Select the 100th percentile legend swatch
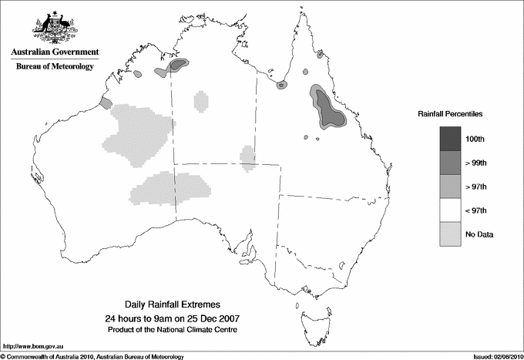[453, 139]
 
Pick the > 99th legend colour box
[453, 163]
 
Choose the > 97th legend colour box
[453, 187]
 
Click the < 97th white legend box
[453, 210]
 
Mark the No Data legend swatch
[453, 234]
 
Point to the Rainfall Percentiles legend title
[450, 113]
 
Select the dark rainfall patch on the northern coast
[179, 65]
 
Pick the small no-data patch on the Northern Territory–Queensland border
[247, 156]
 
